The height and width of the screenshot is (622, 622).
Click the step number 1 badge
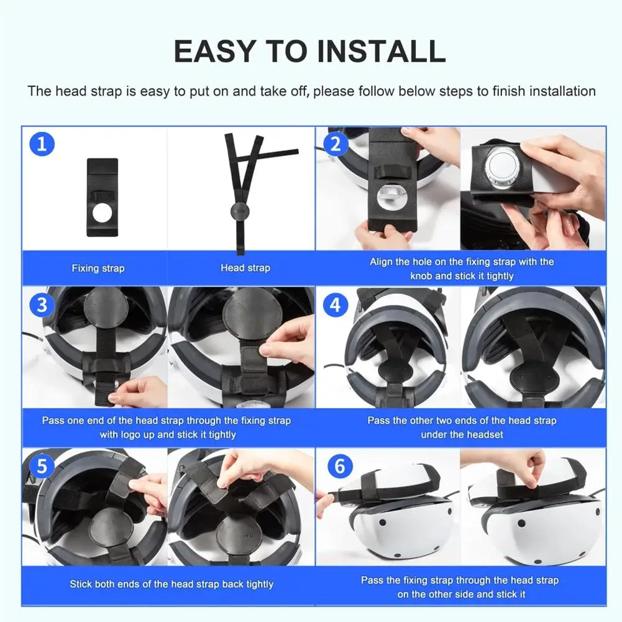click(x=42, y=144)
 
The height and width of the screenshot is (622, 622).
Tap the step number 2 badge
click(x=336, y=144)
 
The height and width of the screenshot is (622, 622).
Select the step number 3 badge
click(x=42, y=305)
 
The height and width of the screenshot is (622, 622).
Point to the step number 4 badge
click(x=336, y=305)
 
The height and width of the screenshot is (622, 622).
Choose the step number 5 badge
click(x=42, y=466)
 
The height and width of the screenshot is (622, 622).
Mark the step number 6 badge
click(x=340, y=466)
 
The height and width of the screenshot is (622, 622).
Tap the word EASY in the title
click(x=214, y=51)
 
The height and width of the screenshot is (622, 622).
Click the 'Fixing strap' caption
click(x=98, y=268)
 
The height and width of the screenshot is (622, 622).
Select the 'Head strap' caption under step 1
click(x=245, y=268)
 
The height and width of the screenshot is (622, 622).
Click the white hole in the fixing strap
click(x=103, y=213)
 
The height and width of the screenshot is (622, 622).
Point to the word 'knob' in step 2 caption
click(x=421, y=276)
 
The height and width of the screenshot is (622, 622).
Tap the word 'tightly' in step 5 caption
click(x=258, y=585)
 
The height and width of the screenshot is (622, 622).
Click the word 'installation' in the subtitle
click(x=562, y=91)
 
